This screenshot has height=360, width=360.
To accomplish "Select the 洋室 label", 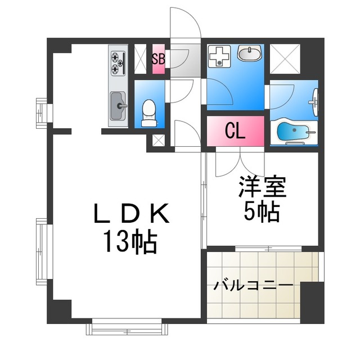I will click(262, 187).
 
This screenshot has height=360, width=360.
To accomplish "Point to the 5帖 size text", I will click(262, 211).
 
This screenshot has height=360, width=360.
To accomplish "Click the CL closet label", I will click(235, 131).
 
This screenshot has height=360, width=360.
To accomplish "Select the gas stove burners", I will click(117, 63).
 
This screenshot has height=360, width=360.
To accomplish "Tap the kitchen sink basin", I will click(118, 105).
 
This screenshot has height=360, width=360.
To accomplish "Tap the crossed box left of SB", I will click(140, 58).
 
